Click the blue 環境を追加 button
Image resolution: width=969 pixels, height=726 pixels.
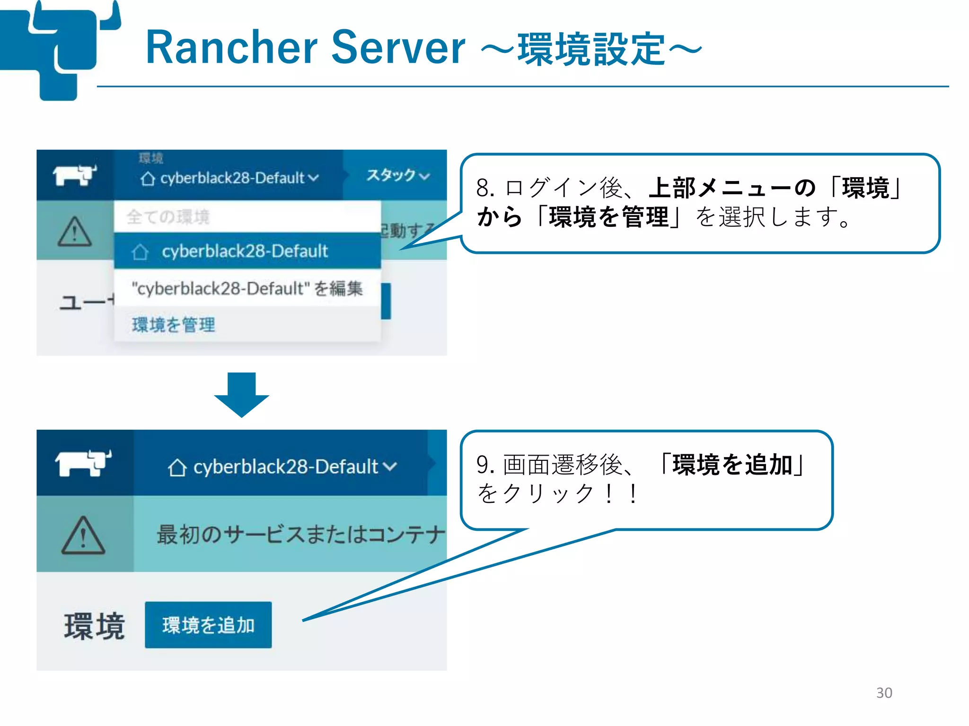coord(208,624)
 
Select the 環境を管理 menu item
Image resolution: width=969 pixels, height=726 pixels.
coord(174,325)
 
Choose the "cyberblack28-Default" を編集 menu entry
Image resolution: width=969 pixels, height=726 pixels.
coord(247,288)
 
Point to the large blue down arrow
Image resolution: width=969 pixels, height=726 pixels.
coord(241,394)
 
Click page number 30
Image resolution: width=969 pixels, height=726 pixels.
coord(884,692)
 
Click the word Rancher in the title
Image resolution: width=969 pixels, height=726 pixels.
coord(231,47)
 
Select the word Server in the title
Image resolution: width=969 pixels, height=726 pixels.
coord(398,47)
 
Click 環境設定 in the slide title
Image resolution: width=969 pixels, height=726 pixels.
coord(591,49)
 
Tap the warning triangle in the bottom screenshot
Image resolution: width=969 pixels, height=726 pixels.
coord(83,535)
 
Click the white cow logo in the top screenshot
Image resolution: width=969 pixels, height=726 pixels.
coord(74,175)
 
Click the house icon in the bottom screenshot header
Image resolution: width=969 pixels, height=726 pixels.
coord(177,467)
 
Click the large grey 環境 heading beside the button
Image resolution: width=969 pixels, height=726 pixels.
coord(94,626)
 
